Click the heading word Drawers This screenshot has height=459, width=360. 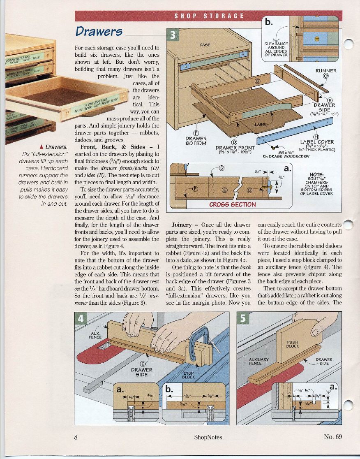[99, 31]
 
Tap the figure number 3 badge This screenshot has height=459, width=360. [173, 36]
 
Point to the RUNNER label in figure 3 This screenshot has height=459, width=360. [325, 70]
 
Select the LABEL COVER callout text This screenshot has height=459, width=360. [317, 142]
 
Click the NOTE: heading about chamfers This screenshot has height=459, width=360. [319, 174]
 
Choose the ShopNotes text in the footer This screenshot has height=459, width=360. [208, 437]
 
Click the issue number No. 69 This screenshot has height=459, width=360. [332, 437]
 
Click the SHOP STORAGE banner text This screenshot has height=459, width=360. [209, 16]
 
